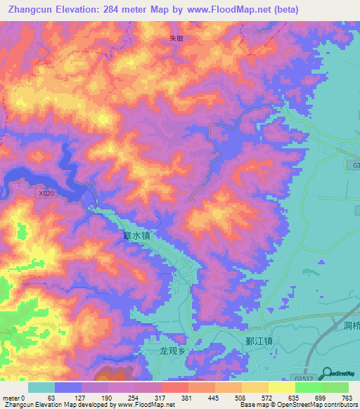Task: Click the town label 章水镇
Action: [131, 237]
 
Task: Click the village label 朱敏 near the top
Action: [175, 39]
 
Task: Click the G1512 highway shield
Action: [304, 377]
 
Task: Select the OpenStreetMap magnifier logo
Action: [326, 372]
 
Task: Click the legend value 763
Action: [347, 398]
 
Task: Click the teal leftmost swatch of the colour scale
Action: [41, 387]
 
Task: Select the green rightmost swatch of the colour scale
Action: [335, 387]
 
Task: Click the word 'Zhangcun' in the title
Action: [29, 10]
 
